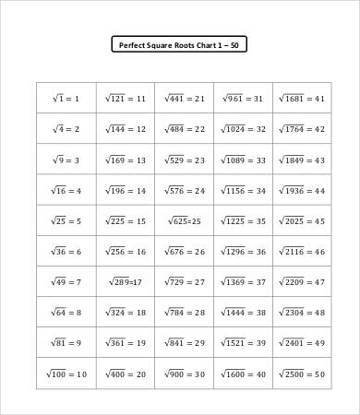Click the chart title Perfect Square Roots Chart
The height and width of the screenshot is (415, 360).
tap(179, 43)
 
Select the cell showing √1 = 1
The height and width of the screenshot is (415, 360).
tap(66, 98)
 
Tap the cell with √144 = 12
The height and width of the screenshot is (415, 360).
tap(126, 129)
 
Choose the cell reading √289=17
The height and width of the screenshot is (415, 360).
tap(126, 282)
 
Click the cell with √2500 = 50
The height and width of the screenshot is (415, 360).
tap(304, 373)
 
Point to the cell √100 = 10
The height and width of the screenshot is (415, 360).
tap(66, 373)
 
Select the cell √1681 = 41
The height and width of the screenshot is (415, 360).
tap(304, 98)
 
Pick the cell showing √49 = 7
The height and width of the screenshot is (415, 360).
tap(66, 282)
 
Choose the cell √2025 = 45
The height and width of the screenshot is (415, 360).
tap(304, 221)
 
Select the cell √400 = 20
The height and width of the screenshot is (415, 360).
tap(126, 373)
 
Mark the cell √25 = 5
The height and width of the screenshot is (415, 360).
tap(66, 221)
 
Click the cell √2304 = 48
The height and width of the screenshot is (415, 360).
tap(304, 313)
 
